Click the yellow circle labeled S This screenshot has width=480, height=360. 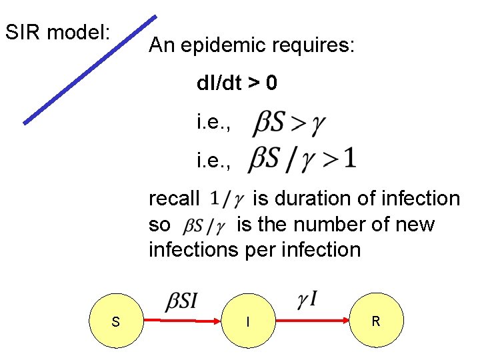click(x=116, y=321)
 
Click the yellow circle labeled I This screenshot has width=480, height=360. click(x=247, y=321)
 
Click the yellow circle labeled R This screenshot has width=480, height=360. click(x=376, y=321)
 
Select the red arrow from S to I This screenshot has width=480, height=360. click(x=182, y=321)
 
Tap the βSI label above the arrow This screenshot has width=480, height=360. click(x=181, y=301)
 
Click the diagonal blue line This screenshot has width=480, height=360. click(x=90, y=70)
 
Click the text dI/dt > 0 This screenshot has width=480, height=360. click(x=237, y=83)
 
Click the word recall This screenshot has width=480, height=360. click(x=174, y=199)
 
